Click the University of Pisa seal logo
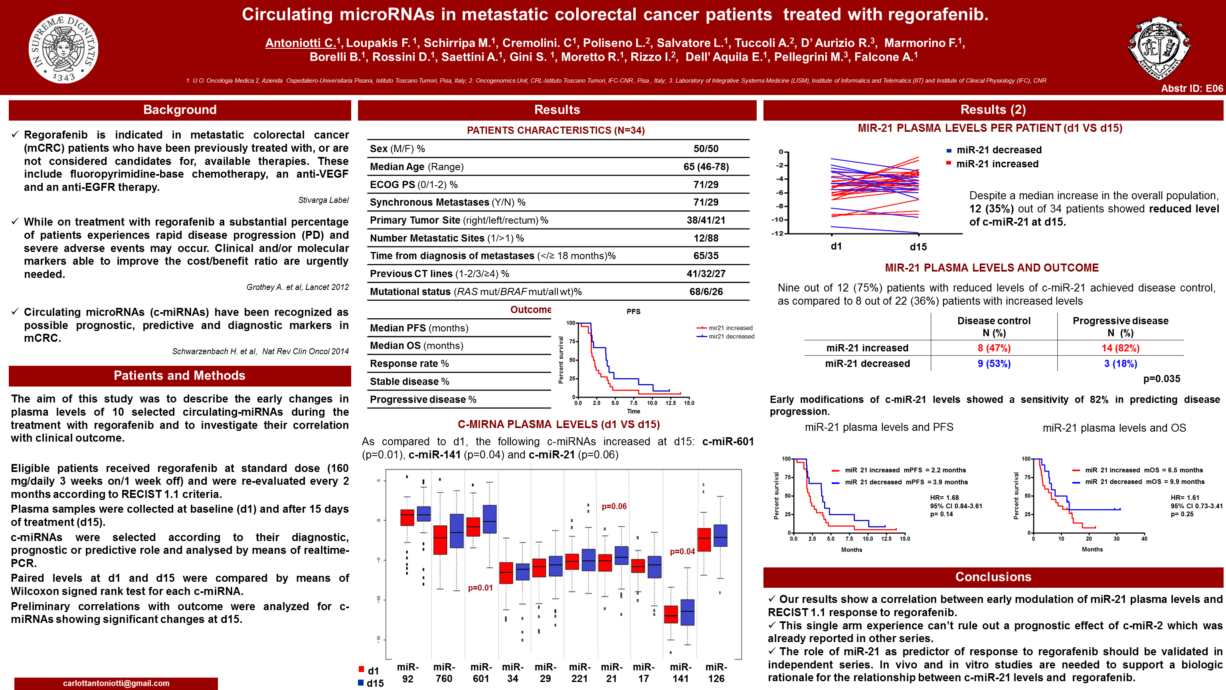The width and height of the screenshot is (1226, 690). [x=63, y=48]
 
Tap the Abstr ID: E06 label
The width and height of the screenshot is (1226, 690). [x=1191, y=88]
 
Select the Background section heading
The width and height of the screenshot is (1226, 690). [x=180, y=110]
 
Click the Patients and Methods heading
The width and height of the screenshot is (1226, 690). [x=180, y=376]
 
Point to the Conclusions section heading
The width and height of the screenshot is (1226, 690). [x=993, y=577]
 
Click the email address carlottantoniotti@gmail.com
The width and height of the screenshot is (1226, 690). [x=116, y=683]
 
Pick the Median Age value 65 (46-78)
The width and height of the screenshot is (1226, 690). [x=706, y=167]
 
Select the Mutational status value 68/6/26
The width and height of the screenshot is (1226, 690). [x=706, y=291]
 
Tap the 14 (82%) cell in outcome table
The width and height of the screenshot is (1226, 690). [x=1120, y=348]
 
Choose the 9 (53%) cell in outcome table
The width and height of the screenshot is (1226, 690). [x=994, y=364]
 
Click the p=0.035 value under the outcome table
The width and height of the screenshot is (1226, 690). [x=1162, y=379]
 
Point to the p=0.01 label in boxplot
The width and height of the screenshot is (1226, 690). [x=480, y=588]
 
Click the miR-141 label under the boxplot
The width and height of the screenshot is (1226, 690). [x=680, y=672]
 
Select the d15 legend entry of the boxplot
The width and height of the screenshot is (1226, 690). [x=371, y=683]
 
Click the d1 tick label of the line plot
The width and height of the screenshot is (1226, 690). [x=836, y=246]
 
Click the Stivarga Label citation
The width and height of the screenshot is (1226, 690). [x=323, y=200]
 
